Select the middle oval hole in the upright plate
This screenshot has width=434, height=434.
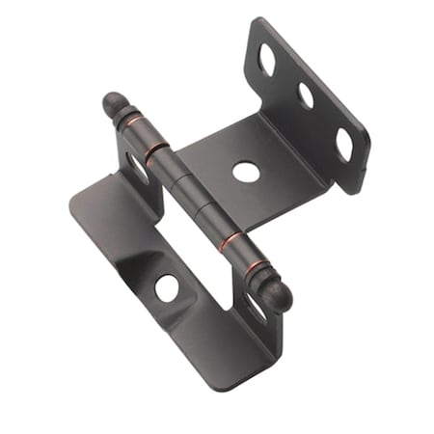(307, 95)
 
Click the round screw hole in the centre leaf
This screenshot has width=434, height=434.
(246, 173)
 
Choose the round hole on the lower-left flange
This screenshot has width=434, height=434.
(167, 286)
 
